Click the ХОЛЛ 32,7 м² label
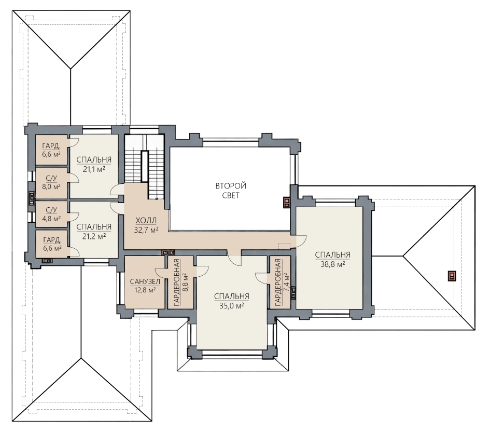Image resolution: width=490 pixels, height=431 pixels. click(x=146, y=225)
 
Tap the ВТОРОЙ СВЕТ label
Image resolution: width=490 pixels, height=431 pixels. click(x=231, y=191)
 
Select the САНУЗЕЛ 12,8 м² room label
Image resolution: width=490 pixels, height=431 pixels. click(x=145, y=286)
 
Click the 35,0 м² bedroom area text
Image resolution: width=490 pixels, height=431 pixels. click(x=232, y=306)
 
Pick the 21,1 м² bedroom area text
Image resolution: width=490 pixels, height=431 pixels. click(x=94, y=169)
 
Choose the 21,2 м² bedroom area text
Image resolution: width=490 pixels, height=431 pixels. click(x=94, y=236)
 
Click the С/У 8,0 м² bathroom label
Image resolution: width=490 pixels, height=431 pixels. click(x=51, y=183)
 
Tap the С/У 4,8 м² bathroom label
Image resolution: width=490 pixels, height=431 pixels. click(x=51, y=214)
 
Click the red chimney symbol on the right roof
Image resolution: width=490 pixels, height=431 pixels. click(x=452, y=276)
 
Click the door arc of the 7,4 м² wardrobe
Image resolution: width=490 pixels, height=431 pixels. click(x=261, y=277)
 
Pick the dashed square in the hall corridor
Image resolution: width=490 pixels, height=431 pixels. click(x=284, y=246)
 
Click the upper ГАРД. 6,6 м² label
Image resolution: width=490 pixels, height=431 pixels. click(x=51, y=150)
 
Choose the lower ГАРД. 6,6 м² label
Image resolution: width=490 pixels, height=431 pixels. click(x=52, y=244)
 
